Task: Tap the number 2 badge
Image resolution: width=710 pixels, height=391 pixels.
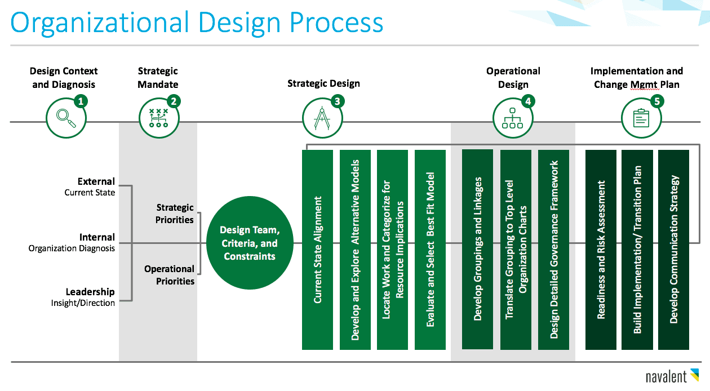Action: (x=174, y=101)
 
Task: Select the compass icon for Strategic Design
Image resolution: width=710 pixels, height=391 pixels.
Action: (x=322, y=118)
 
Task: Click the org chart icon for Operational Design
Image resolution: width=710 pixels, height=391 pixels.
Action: (x=513, y=118)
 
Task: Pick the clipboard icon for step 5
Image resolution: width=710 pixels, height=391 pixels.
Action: (x=641, y=118)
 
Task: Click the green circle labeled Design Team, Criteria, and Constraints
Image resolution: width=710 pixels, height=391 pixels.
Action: (x=250, y=243)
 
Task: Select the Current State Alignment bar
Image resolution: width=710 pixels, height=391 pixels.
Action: (x=317, y=250)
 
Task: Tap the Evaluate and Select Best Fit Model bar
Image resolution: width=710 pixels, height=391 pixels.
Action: (x=430, y=250)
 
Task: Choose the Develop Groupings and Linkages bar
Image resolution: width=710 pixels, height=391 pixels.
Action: (x=477, y=250)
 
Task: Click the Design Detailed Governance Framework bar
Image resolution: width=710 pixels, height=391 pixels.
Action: (x=553, y=250)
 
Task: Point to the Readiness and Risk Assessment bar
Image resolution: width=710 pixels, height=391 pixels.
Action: (x=601, y=250)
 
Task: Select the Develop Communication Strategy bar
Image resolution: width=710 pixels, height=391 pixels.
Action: (x=673, y=250)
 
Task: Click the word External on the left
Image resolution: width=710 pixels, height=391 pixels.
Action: (x=96, y=181)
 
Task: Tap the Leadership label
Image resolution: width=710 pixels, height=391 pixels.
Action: (x=90, y=292)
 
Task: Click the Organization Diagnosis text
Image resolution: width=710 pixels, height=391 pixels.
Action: (x=72, y=248)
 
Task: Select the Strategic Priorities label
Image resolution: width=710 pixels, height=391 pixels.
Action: (x=175, y=214)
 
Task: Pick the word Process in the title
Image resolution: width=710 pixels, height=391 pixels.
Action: (x=336, y=23)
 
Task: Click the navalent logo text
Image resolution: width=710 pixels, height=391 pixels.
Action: (x=666, y=377)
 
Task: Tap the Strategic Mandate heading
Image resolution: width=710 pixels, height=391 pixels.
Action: (x=158, y=78)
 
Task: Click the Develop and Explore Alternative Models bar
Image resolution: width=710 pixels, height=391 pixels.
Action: (x=355, y=250)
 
